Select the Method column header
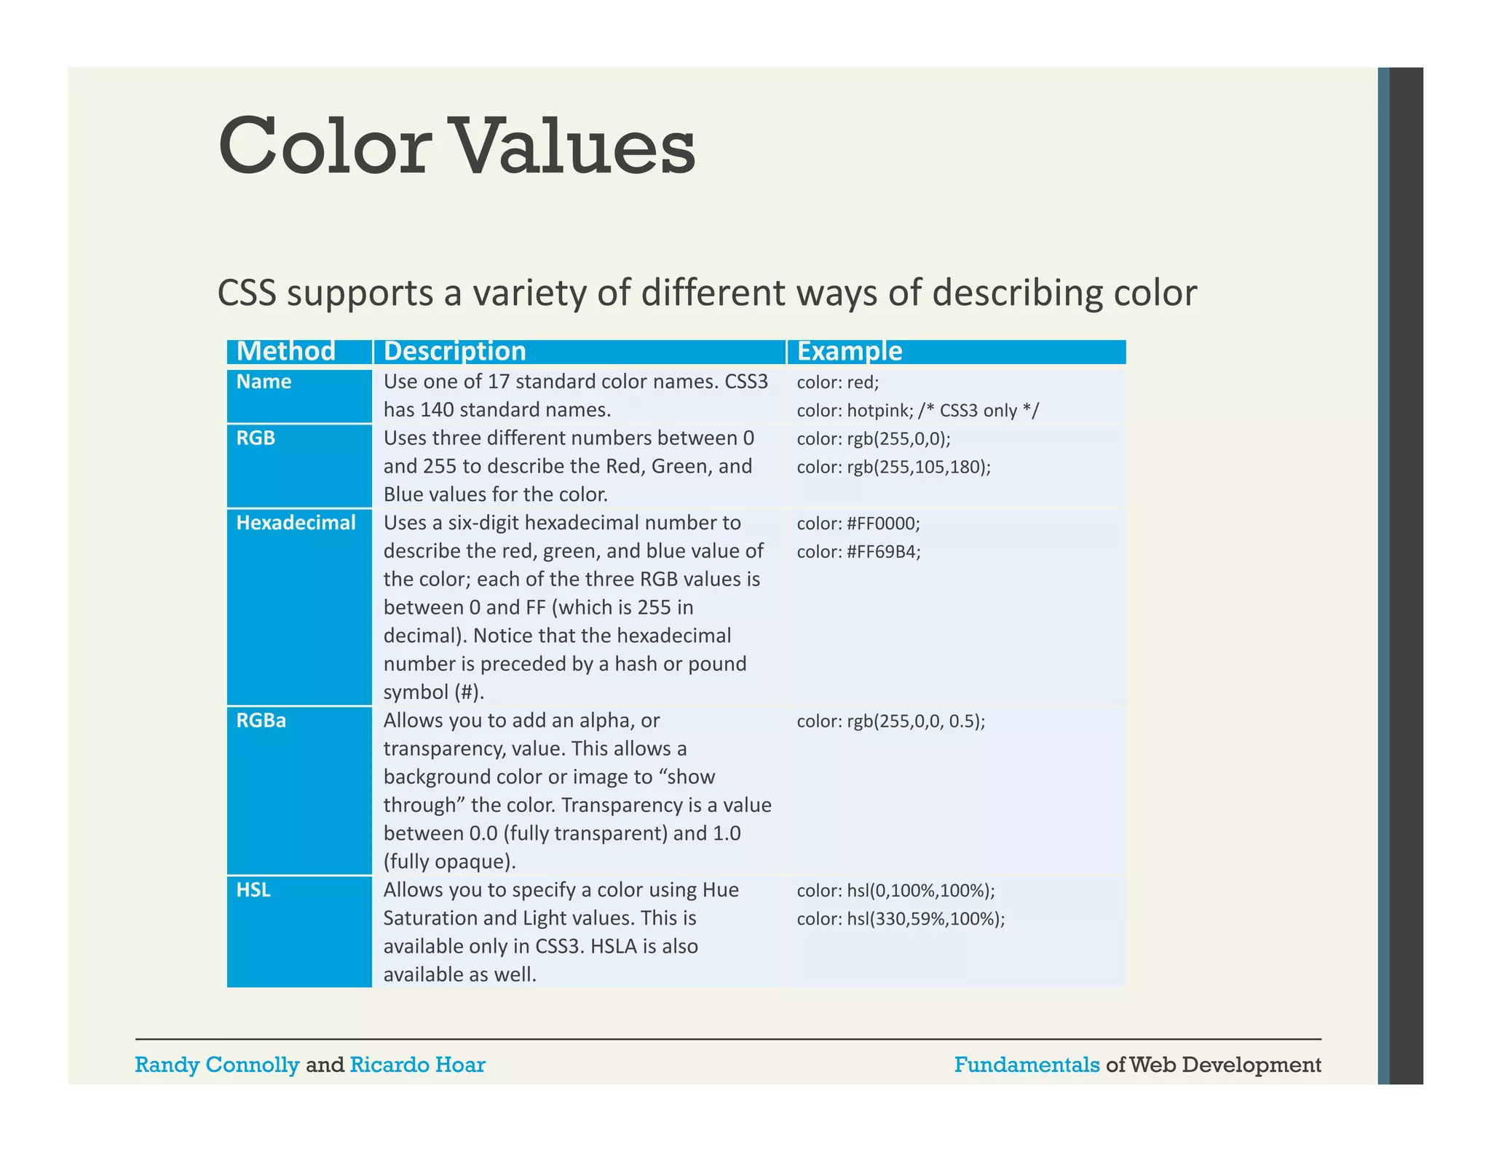[285, 351]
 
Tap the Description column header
[454, 351]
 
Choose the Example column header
[849, 351]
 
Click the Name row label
[264, 382]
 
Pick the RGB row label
[256, 438]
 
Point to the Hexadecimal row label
[296, 523]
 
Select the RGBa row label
[261, 721]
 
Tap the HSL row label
[253, 890]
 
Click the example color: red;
[837, 382]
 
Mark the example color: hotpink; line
[917, 411]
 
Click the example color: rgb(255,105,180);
[893, 467]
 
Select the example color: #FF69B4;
[858, 552]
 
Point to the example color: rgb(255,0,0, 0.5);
[890, 722]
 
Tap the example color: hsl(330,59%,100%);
[900, 919]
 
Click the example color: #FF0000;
[858, 524]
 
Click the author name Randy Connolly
[217, 1065]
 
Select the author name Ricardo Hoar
[417, 1065]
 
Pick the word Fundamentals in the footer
[1027, 1065]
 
